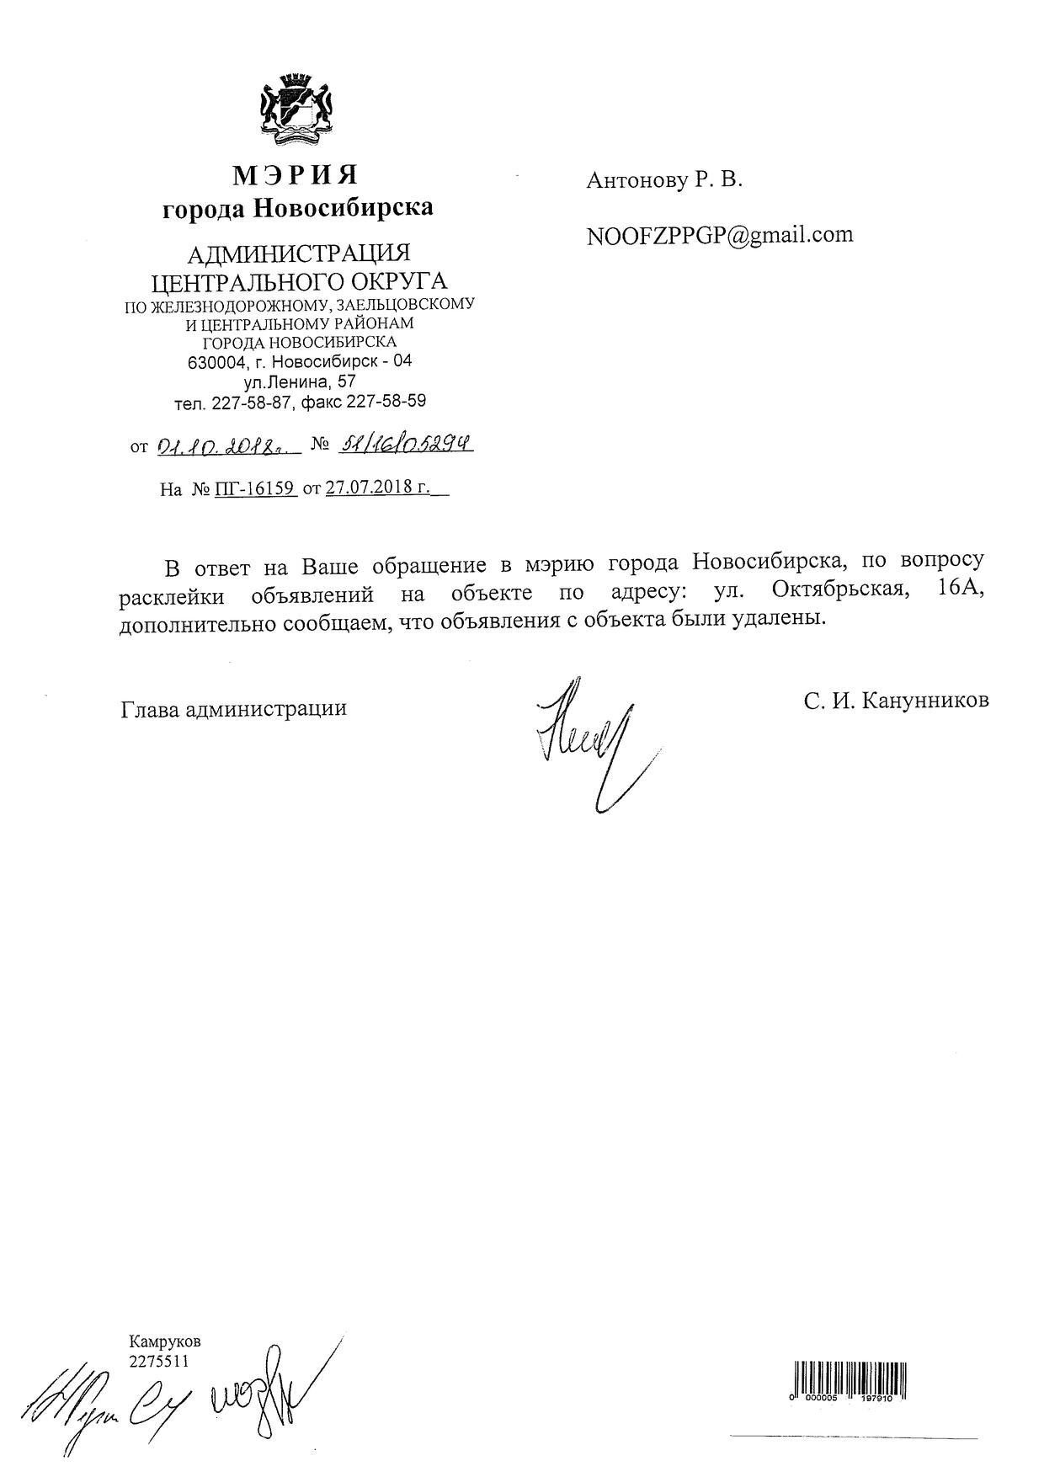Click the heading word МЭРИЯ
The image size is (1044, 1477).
(x=296, y=175)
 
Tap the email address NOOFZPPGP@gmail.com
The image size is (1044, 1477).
(x=720, y=235)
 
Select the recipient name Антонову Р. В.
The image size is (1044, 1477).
(x=664, y=180)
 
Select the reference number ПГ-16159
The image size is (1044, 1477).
(x=256, y=488)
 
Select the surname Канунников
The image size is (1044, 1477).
(x=924, y=701)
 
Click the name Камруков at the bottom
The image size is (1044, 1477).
(x=165, y=1341)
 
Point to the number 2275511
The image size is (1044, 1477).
(x=159, y=1360)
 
